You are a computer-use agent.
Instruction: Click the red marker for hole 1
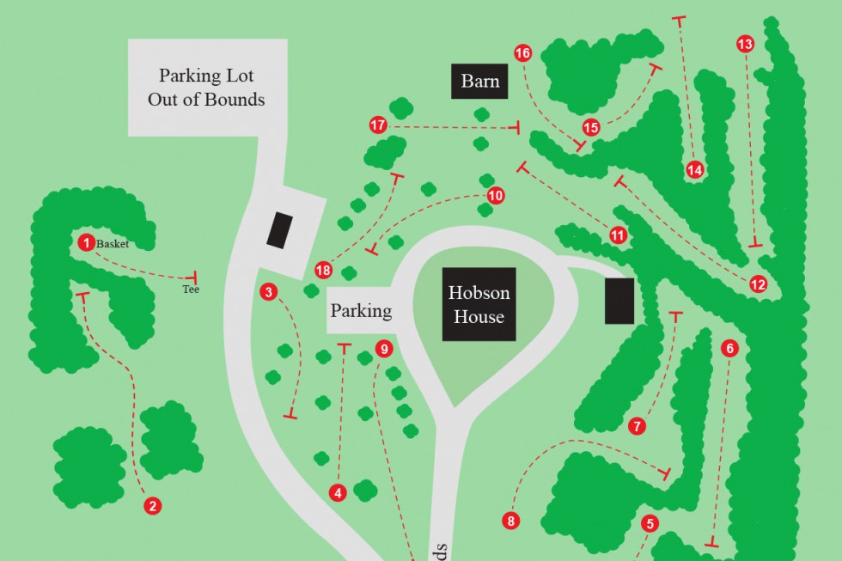pyautogui.click(x=86, y=243)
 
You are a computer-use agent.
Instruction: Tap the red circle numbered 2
pyautogui.click(x=152, y=506)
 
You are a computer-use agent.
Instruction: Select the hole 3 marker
pyautogui.click(x=269, y=292)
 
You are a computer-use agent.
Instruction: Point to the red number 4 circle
pyautogui.click(x=339, y=492)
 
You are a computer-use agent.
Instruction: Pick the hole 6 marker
pyautogui.click(x=730, y=348)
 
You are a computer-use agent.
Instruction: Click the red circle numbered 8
pyautogui.click(x=511, y=521)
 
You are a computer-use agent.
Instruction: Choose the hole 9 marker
pyautogui.click(x=383, y=349)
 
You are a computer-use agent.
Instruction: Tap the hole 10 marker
pyautogui.click(x=496, y=195)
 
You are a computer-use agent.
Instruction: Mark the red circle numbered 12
pyautogui.click(x=758, y=284)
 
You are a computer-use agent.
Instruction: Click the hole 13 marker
pyautogui.click(x=745, y=43)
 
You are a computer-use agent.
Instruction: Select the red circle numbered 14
pyautogui.click(x=695, y=170)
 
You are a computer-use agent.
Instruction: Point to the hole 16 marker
pyautogui.click(x=523, y=53)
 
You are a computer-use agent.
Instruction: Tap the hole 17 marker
pyautogui.click(x=378, y=125)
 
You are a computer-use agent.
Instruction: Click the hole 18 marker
pyautogui.click(x=323, y=270)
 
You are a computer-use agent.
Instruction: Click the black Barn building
pyautogui.click(x=480, y=82)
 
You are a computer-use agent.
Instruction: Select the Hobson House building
pyautogui.click(x=479, y=305)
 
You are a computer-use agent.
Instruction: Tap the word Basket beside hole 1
pyautogui.click(x=113, y=244)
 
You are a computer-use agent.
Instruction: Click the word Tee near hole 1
pyautogui.click(x=191, y=290)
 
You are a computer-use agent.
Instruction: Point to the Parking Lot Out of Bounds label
pyautogui.click(x=206, y=87)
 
